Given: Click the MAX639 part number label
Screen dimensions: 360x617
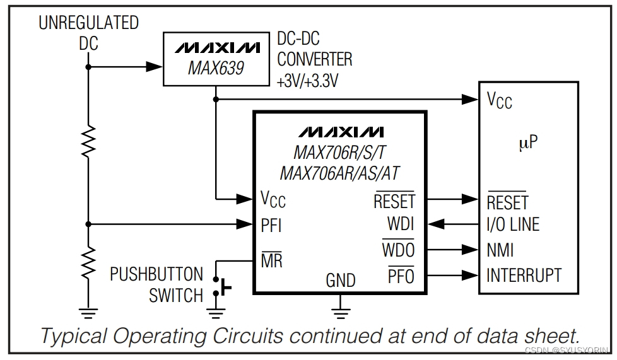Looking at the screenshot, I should click(216, 68).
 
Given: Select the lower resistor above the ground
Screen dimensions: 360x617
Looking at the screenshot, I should click(88, 259).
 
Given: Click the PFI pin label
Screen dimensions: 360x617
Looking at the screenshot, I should click(271, 224).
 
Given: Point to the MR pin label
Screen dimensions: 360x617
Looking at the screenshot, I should click(271, 260).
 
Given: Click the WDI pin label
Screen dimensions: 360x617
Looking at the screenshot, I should click(401, 224).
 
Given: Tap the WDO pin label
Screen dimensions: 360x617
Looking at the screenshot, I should click(399, 250).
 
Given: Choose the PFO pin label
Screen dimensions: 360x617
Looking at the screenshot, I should click(401, 276).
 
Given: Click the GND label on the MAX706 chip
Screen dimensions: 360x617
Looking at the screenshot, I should click(341, 281).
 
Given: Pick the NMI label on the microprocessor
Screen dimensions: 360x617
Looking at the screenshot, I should click(500, 250).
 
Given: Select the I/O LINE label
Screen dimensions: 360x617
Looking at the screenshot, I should click(513, 224).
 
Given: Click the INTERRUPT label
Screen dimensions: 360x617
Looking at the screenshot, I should click(524, 276).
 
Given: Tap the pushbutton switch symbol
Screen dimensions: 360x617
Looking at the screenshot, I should click(221, 287).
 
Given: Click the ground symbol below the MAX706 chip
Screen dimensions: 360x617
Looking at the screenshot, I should click(341, 309).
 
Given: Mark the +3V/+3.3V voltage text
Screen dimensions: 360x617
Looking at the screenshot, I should click(307, 81).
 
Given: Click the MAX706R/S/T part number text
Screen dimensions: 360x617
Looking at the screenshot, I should click(340, 153).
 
